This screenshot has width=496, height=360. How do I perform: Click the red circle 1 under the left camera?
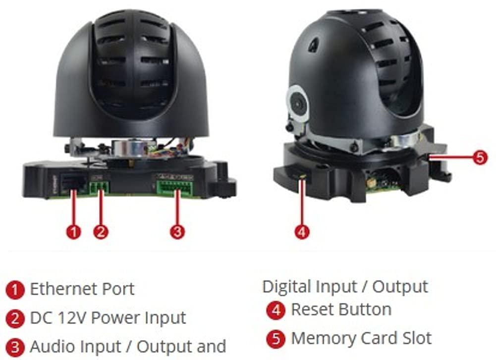73,232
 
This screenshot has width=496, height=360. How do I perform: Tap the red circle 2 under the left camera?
101,232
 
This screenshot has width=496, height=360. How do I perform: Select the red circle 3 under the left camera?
177,232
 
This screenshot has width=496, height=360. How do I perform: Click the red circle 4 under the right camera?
302,232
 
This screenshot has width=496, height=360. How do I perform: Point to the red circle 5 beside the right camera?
480,157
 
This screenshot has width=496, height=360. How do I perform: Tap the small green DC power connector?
99,187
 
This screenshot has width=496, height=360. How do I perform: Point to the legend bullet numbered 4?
276,310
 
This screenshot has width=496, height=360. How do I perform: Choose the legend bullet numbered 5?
276,339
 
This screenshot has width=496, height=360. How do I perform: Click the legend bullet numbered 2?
15,318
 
